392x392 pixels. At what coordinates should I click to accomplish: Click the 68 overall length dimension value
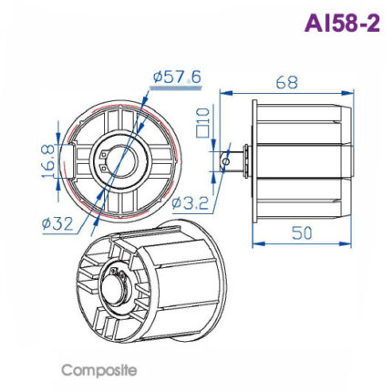click(285, 82)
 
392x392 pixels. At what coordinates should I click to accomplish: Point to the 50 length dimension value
click(302, 232)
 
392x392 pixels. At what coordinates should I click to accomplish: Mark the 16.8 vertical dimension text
click(46, 160)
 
